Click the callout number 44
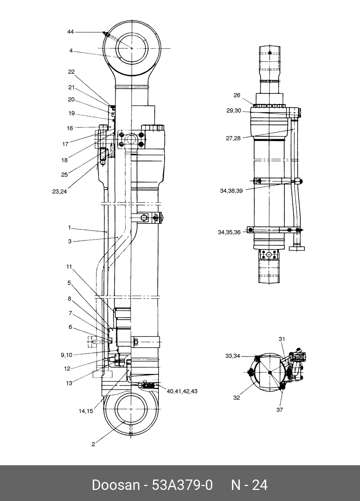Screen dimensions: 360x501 [x=70, y=32]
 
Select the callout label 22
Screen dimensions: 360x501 [x=72, y=72]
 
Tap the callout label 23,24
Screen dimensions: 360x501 [x=59, y=192]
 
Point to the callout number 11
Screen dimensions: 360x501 [x=69, y=267]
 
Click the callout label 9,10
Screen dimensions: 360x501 [x=67, y=355]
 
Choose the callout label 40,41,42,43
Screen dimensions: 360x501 [x=182, y=391]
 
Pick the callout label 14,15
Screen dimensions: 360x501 [x=86, y=411]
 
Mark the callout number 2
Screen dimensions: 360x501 [x=93, y=444]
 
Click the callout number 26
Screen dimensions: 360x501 [x=237, y=95]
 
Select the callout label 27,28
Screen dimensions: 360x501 [x=233, y=138]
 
